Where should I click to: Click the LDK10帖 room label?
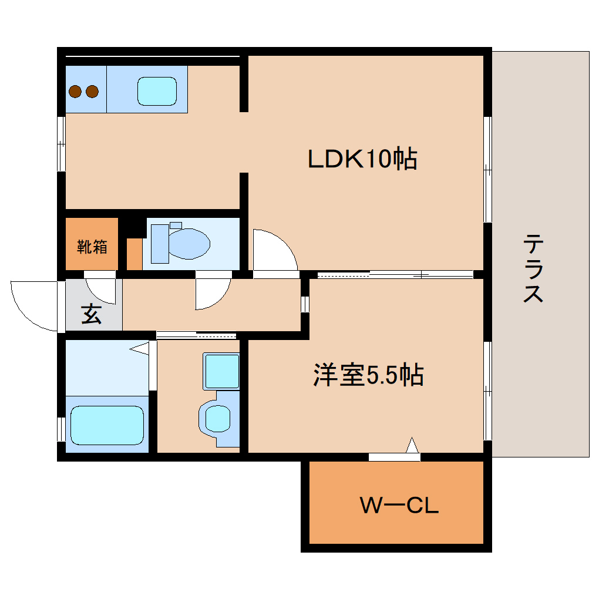tap(362, 159)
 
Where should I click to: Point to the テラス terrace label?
tap(533, 268)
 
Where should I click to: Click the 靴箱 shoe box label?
tap(92, 247)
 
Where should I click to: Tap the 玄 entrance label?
tap(91, 314)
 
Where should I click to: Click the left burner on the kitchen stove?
tap(75, 91)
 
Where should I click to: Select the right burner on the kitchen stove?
tap(92, 91)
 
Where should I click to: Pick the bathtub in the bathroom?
tap(107, 425)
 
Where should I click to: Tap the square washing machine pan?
tap(221, 371)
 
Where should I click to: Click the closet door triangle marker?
tap(413, 446)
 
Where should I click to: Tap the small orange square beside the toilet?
tap(134, 254)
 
